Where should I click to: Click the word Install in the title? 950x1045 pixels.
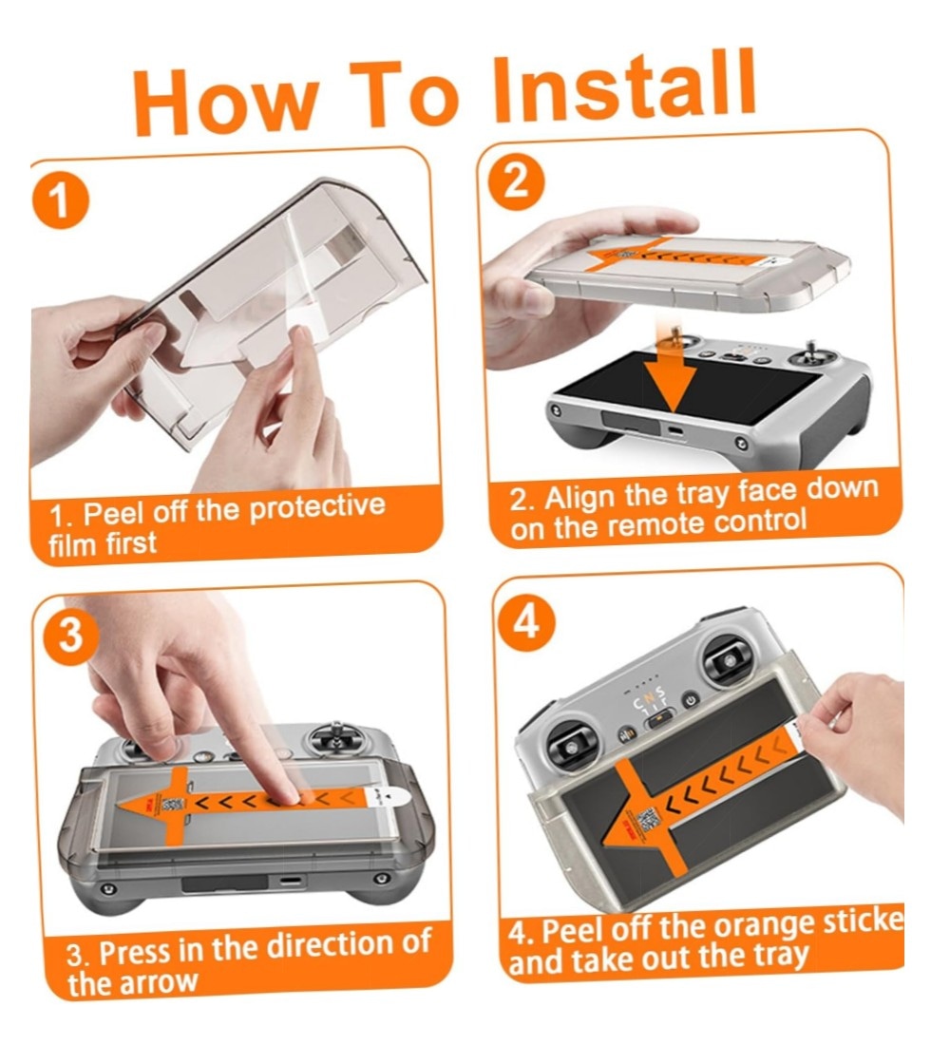click(624, 85)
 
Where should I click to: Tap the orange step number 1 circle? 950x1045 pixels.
click(60, 201)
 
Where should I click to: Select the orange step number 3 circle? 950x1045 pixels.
click(71, 636)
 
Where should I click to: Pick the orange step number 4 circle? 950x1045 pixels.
click(526, 624)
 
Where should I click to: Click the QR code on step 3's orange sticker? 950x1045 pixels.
click(173, 804)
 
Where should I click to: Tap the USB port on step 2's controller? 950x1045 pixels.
click(674, 430)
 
